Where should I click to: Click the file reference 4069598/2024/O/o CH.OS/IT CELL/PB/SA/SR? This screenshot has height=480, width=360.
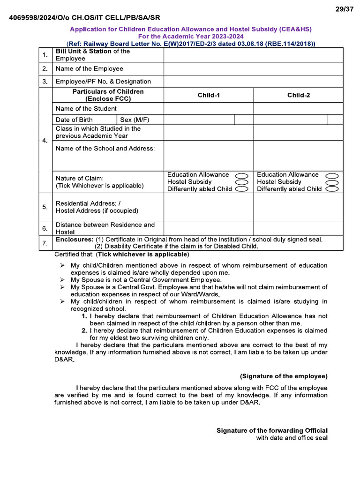point(84,18)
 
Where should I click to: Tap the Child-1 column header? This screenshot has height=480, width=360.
point(209,95)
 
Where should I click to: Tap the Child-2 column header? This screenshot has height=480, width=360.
point(298,95)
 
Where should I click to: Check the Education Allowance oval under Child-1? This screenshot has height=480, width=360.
point(241,175)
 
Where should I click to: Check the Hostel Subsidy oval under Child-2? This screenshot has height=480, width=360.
point(332,182)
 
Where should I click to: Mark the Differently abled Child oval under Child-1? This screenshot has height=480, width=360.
point(241,189)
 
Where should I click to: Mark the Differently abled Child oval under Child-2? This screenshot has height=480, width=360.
point(332,189)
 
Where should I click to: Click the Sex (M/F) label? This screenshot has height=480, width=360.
point(135,120)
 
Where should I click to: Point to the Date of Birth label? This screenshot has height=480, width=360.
point(74,120)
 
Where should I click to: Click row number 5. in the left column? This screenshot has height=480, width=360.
point(45,207)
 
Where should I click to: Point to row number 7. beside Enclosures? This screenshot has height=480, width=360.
point(45,243)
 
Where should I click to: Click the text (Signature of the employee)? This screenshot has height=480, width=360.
point(284,376)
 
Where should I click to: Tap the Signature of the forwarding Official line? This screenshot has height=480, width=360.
point(272,430)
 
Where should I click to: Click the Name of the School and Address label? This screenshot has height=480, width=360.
point(105,149)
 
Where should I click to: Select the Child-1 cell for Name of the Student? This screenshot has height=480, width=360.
point(209,108)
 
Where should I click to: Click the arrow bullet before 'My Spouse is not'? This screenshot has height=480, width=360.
point(62,280)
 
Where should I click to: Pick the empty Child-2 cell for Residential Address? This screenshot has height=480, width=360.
point(298,207)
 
